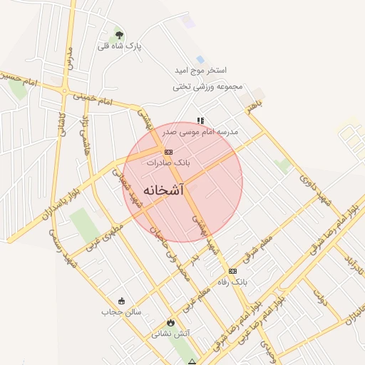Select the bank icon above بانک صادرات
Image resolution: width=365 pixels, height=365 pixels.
(168, 152)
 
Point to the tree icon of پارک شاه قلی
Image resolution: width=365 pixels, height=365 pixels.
(119, 34)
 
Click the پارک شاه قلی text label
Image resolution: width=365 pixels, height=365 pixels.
(120, 46)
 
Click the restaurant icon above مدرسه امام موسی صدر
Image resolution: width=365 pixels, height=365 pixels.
(200, 120)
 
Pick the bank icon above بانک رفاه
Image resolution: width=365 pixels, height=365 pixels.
(232, 271)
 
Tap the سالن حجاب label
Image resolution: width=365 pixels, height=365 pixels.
(121, 312)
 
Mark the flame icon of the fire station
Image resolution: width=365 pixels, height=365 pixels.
(170, 322)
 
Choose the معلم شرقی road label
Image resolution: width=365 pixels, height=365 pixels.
(257, 236)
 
